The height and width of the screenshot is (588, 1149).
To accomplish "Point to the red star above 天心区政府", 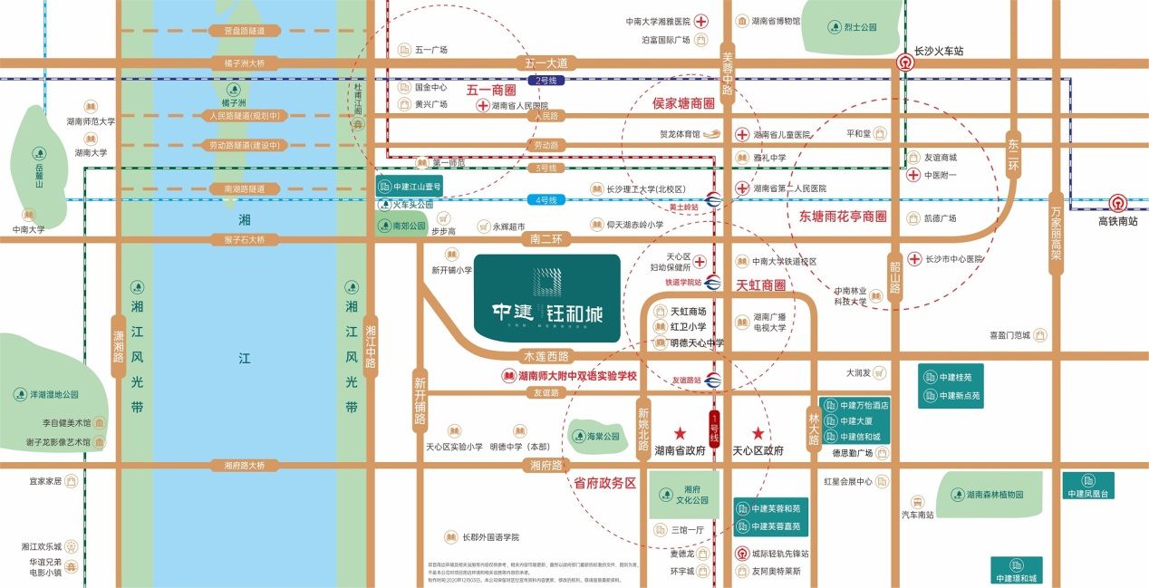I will click(758, 434).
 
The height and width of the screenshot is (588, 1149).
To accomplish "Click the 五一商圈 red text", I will click(491, 91).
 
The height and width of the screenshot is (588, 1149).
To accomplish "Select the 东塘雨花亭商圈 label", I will click(843, 217).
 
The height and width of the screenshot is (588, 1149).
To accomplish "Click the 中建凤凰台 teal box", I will click(1088, 487).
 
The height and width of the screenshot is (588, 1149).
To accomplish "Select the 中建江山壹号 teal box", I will click(410, 187).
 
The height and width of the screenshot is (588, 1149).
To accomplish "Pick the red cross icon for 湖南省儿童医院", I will click(741, 134).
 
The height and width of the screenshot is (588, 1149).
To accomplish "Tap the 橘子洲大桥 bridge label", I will click(231, 63).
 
